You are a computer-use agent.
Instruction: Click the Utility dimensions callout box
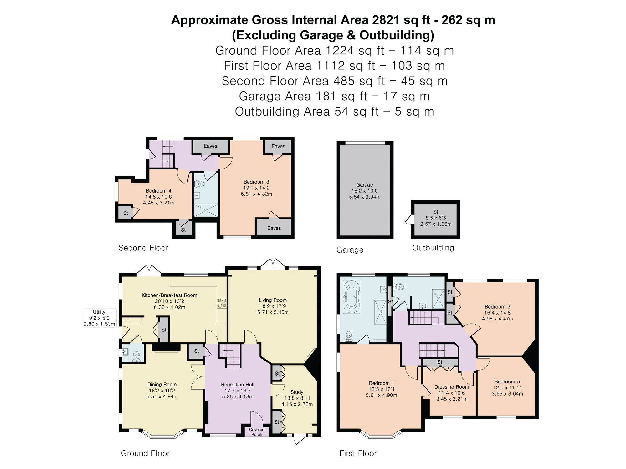pyautogui.click(x=100, y=318)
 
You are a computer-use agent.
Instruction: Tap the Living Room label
pyautogui.click(x=273, y=300)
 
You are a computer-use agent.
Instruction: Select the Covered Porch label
pyautogui.click(x=257, y=432)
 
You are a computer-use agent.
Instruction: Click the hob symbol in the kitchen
pyautogui.click(x=222, y=303)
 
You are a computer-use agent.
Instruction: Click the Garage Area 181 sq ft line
pyautogui.click(x=334, y=96)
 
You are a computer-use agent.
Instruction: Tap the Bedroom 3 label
pyautogui.click(x=256, y=182)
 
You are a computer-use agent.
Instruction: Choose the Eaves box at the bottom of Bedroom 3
pyautogui.click(x=274, y=227)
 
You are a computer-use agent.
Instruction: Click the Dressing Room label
pyautogui.click(x=452, y=387)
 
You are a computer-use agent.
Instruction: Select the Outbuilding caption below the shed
pyautogui.click(x=433, y=248)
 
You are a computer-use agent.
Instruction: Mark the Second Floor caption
pyautogui.click(x=143, y=248)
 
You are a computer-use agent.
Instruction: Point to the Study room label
pyautogui.click(x=297, y=392)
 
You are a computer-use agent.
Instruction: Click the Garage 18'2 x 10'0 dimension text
pyautogui.click(x=365, y=191)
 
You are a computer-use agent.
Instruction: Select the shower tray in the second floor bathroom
pyautogui.click(x=206, y=210)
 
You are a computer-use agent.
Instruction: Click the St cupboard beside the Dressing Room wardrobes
pyautogui.click(x=440, y=362)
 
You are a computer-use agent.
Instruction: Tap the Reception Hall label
pyautogui.click(x=238, y=385)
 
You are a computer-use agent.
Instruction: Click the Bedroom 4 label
pyautogui.click(x=158, y=191)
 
